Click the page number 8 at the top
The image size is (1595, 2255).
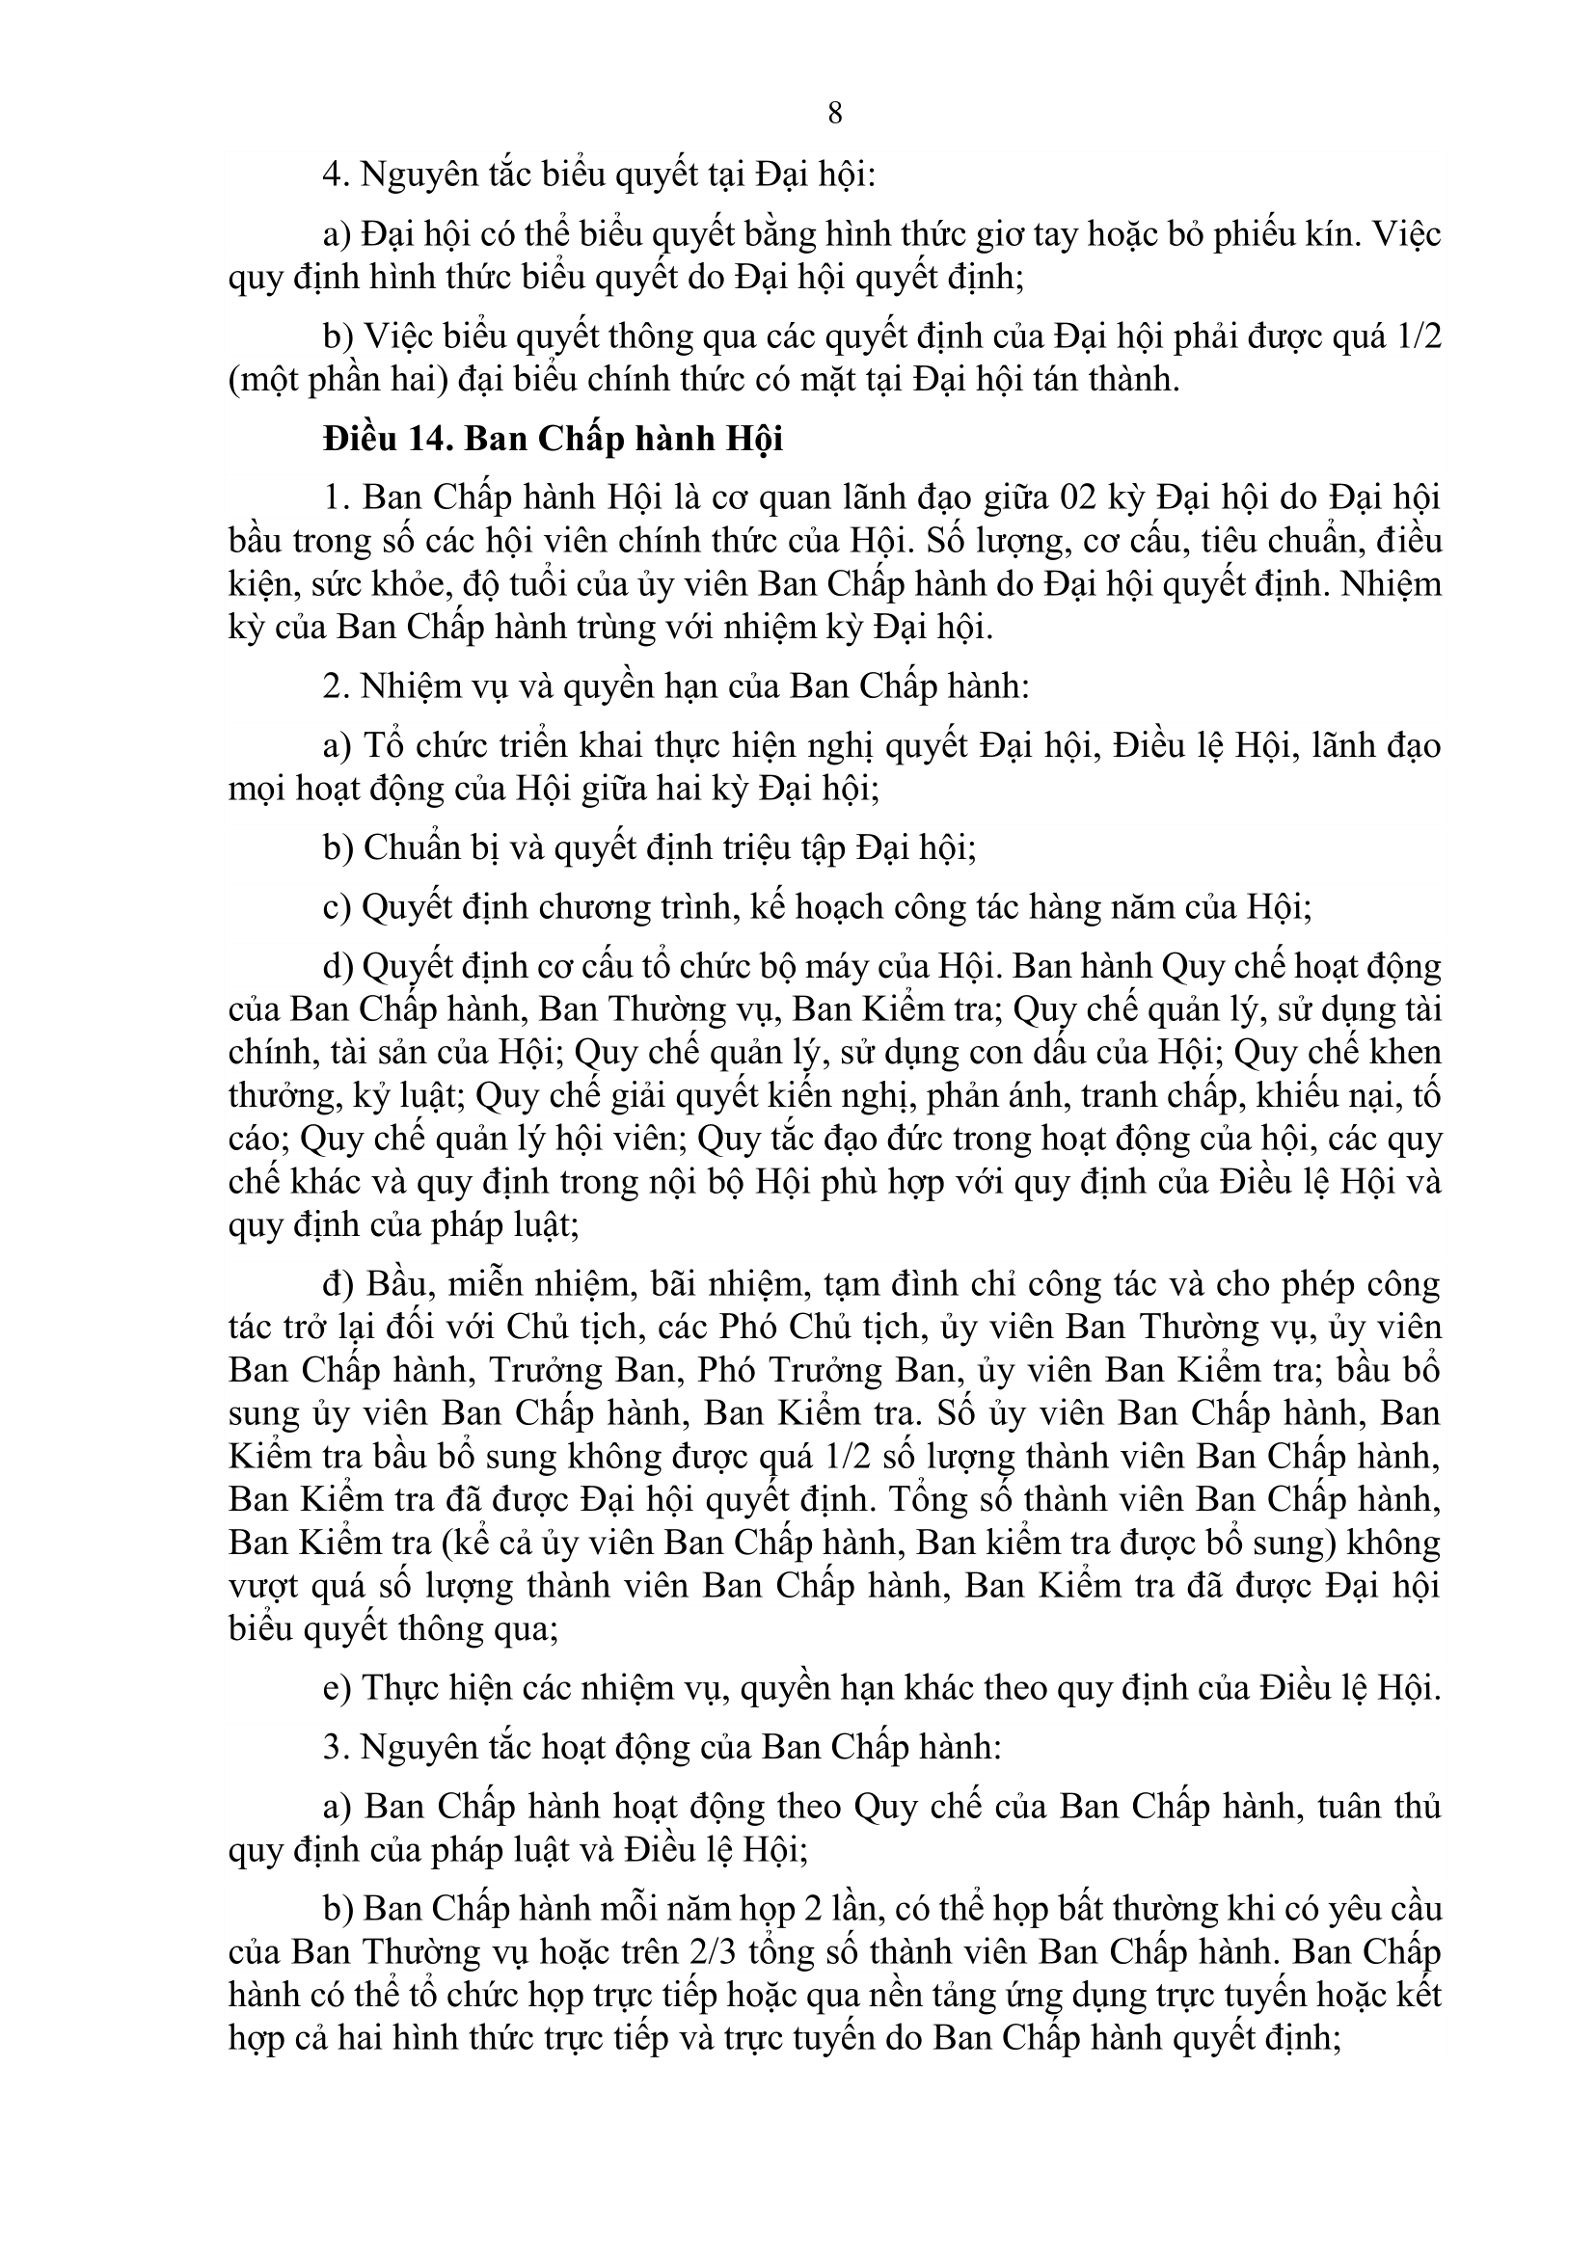click(x=835, y=114)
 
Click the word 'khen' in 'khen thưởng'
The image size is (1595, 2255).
click(x=1405, y=1052)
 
